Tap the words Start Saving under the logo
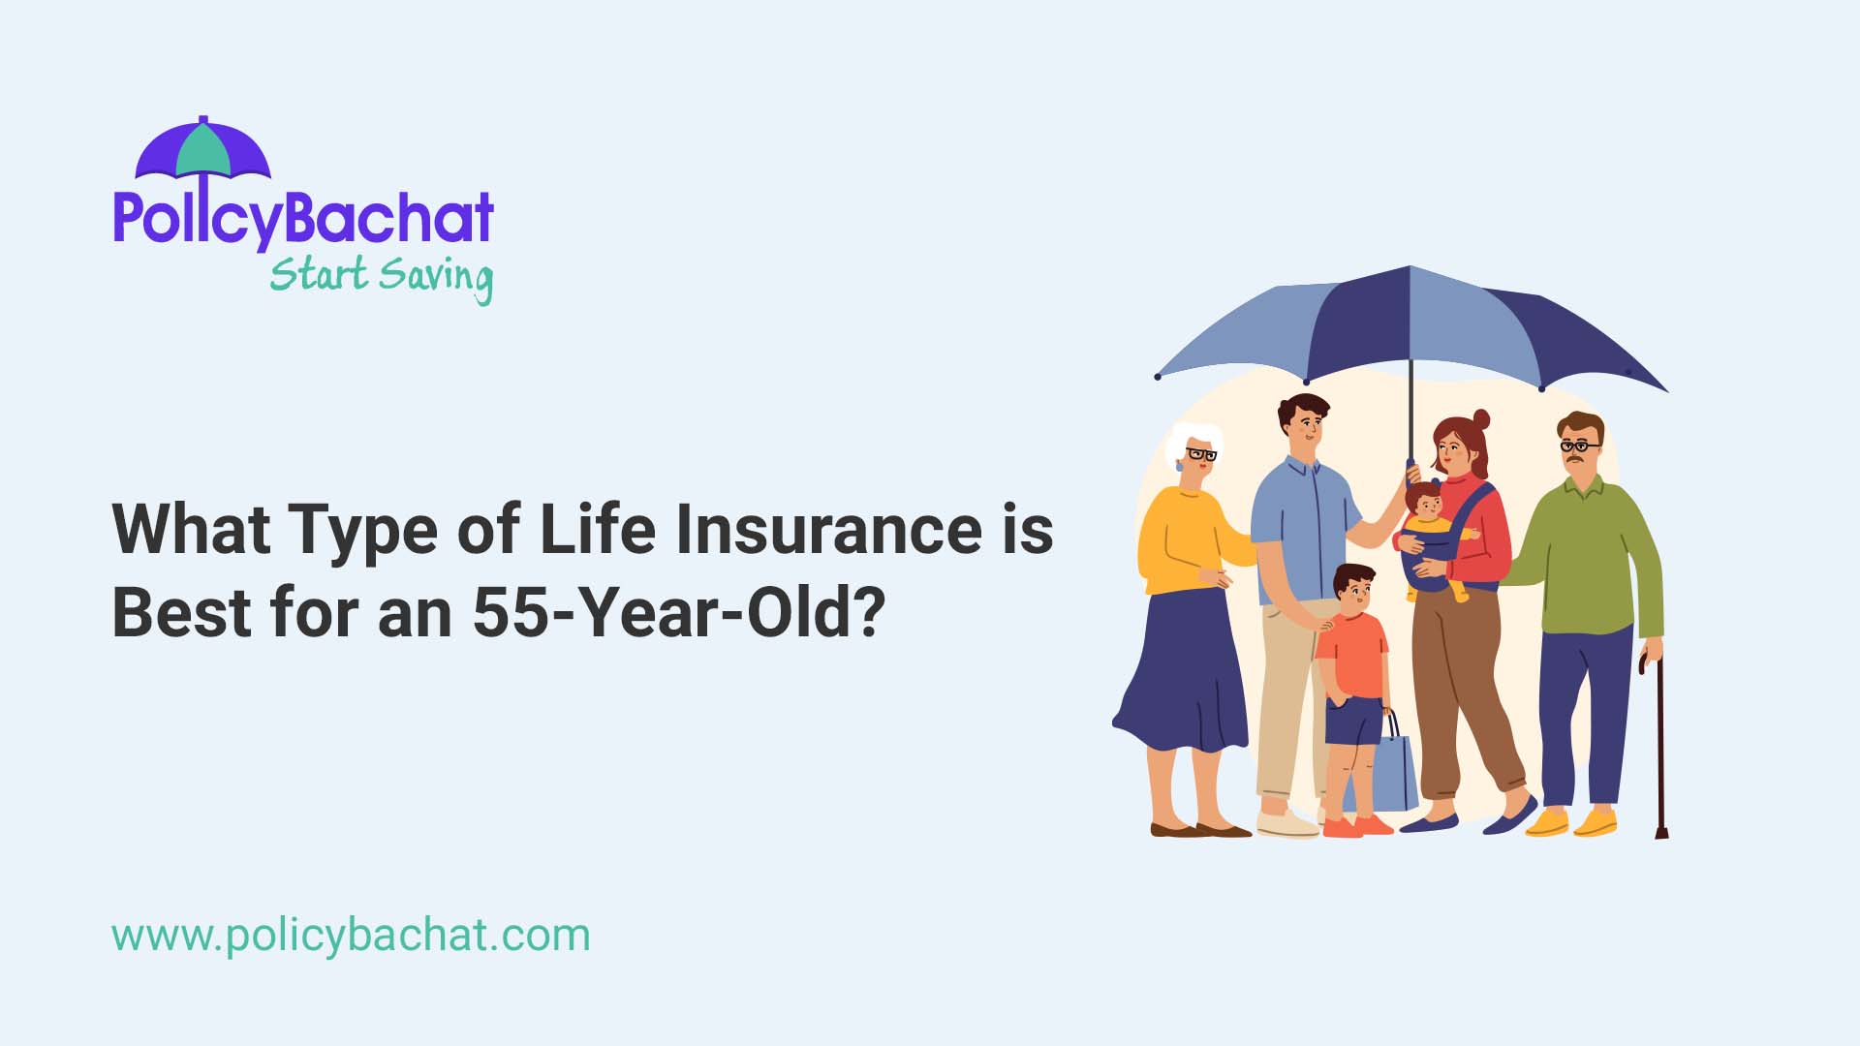pos(381,277)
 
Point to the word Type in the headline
pos(361,531)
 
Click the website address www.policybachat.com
pos(351,936)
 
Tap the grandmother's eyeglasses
pos(1201,453)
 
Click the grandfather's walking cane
pos(1659,746)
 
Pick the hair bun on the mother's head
pos(1480,419)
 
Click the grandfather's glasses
pos(1579,446)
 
